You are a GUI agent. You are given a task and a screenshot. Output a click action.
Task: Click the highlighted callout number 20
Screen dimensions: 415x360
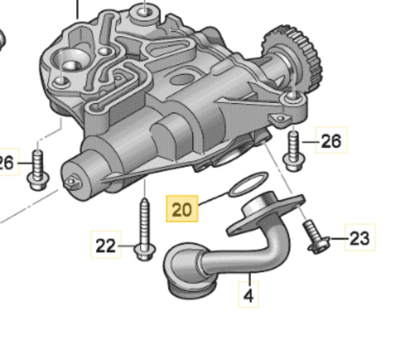coord(182,209)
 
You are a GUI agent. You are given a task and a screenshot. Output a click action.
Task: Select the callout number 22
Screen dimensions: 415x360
coord(106,245)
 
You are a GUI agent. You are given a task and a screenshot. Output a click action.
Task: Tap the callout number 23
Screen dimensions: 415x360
coord(360,238)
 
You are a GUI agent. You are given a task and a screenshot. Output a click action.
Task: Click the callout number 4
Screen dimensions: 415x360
coord(248,295)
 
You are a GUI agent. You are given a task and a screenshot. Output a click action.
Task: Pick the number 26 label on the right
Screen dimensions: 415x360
coord(331,140)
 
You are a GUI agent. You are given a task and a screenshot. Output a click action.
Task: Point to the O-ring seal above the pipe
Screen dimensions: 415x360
coord(248,184)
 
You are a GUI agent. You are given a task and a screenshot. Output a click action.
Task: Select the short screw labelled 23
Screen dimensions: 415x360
coord(316,237)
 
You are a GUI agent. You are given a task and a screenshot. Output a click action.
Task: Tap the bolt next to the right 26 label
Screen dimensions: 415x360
coord(294,151)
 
